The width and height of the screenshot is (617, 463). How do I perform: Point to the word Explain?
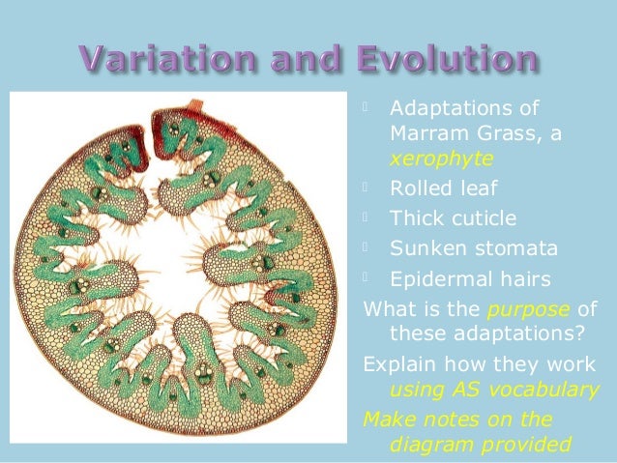[397, 364]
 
